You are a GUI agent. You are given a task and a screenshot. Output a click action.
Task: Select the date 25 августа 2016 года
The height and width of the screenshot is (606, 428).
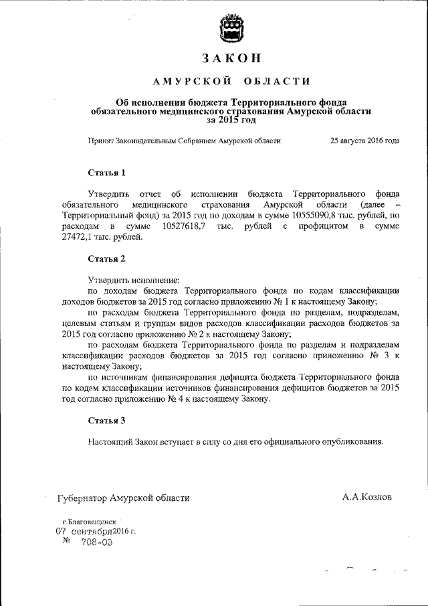[364, 141]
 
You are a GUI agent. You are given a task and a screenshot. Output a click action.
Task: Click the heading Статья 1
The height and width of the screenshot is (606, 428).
[107, 173]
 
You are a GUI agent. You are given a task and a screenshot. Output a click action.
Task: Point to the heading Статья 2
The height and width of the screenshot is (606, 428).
[107, 258]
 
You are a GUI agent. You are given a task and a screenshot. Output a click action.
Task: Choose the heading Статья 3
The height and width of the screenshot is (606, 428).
[107, 421]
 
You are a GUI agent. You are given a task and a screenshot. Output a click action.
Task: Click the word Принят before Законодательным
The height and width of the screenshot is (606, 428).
[101, 141]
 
